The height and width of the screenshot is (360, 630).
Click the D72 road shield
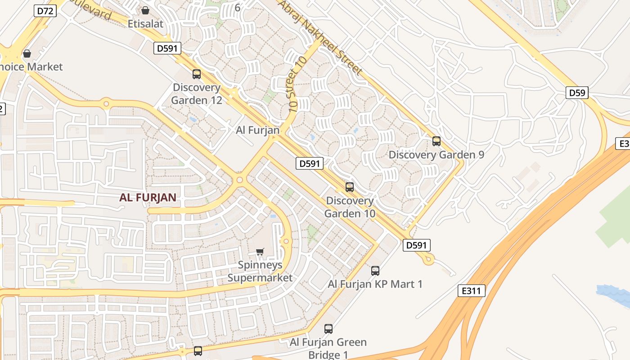pyautogui.click(x=45, y=11)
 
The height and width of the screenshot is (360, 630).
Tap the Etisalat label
pyautogui.click(x=145, y=23)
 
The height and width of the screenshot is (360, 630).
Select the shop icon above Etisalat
pyautogui.click(x=145, y=10)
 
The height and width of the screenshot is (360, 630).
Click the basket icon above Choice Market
pyautogui.click(x=27, y=54)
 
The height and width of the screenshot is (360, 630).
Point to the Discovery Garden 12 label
pyautogui.click(x=197, y=94)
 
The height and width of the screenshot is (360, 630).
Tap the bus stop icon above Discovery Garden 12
pyautogui.click(x=197, y=74)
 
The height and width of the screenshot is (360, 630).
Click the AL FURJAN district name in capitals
pyautogui.click(x=148, y=197)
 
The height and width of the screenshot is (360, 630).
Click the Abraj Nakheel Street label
pyautogui.click(x=320, y=37)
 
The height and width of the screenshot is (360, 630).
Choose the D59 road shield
pyautogui.click(x=577, y=93)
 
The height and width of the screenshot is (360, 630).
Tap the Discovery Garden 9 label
pyautogui.click(x=436, y=154)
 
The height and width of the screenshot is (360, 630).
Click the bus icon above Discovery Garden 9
pyautogui.click(x=436, y=141)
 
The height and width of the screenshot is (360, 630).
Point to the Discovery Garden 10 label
pyautogui.click(x=350, y=207)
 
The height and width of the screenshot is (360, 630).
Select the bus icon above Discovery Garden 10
pyautogui.click(x=350, y=187)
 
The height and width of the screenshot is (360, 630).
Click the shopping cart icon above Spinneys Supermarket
pyautogui.click(x=260, y=252)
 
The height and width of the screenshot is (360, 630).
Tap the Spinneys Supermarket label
pyautogui.click(x=260, y=271)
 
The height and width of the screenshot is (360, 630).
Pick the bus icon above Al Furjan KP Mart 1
pyautogui.click(x=375, y=271)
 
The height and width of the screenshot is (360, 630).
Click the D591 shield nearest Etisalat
pyautogui.click(x=167, y=48)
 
